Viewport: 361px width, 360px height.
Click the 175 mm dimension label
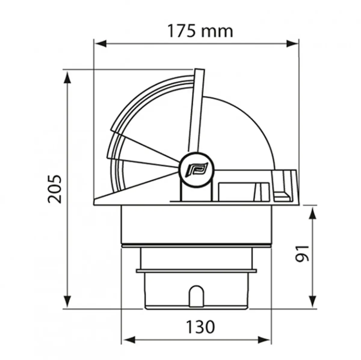point(200,31)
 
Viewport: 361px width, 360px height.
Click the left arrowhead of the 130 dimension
point(128,341)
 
